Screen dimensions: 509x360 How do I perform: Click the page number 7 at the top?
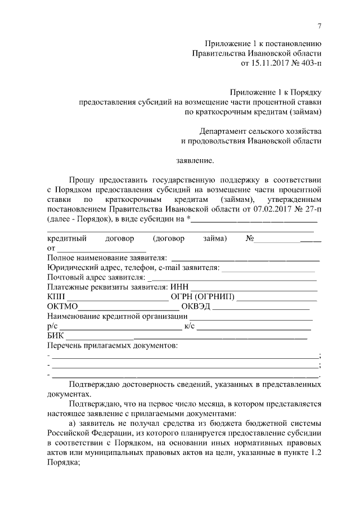[319, 26]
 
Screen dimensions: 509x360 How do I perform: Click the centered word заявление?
[195, 161]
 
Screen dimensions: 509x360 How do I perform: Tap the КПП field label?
[57, 296]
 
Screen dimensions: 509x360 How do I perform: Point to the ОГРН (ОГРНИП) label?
[204, 296]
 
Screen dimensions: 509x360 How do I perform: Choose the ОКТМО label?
[62, 307]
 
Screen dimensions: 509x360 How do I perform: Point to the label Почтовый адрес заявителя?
[96, 277]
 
